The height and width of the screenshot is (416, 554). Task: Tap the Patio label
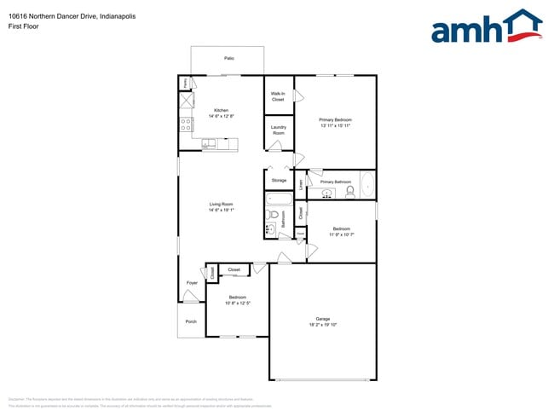(228, 58)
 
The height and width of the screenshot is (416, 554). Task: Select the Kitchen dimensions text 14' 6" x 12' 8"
(222, 116)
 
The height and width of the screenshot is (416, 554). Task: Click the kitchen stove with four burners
(186, 124)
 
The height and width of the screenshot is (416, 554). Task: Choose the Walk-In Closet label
(278, 96)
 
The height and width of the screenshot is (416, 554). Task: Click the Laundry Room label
(278, 130)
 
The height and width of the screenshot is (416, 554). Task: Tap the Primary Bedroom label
(335, 119)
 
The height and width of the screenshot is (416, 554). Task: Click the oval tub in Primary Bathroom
(366, 184)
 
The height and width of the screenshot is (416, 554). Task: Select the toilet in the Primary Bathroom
(350, 193)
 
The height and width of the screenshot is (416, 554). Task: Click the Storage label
(279, 181)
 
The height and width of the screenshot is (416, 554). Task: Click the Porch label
(191, 321)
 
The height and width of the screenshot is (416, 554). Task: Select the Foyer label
(192, 282)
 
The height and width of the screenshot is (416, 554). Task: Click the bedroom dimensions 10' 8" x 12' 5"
(237, 303)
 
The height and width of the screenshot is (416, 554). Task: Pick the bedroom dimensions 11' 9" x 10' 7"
(341, 234)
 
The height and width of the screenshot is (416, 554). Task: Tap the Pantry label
(185, 84)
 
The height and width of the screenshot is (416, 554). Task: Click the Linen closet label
(301, 183)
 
